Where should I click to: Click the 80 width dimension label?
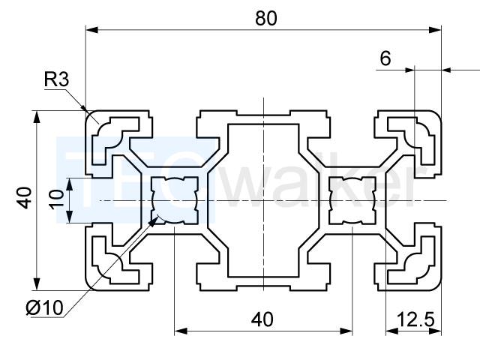266,18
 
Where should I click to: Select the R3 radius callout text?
57,79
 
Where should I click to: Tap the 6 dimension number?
385,58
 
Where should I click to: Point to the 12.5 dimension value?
415,319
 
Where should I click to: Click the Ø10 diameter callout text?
45,307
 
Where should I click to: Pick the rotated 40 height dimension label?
25,198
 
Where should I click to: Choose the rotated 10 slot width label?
57,199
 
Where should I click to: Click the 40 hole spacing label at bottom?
262,319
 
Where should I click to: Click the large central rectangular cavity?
263,200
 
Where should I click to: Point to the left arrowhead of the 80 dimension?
91,30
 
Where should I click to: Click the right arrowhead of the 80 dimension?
435,30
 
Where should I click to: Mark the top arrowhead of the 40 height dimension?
37,116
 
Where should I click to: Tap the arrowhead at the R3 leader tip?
83,107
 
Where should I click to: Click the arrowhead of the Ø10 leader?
153,221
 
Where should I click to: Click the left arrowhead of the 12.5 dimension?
391,331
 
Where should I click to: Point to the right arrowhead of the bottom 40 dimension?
346,331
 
